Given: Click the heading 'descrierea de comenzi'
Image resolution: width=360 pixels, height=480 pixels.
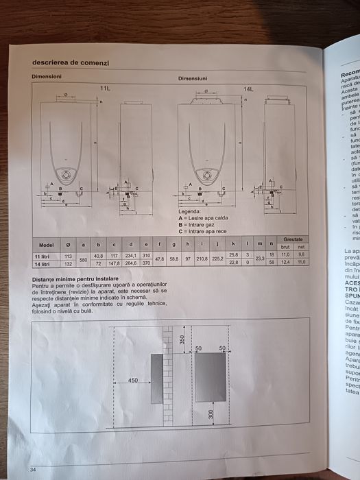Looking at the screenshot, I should point(70,63).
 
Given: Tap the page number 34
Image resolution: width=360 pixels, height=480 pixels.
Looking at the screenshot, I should point(32,468).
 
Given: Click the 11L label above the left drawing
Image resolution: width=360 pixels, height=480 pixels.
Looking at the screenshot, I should point(105,89).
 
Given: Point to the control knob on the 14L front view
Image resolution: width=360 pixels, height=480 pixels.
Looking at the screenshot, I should point(205,173).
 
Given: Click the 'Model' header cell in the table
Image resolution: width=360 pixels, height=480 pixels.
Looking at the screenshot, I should point(47,244).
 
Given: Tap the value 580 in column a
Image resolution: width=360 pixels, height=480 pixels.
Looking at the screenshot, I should point(84,259).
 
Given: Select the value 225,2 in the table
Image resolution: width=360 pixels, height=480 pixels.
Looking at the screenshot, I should point(218,259).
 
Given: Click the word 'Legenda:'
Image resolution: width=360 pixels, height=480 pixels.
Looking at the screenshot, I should point(190,212).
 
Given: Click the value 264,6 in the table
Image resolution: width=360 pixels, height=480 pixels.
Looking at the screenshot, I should point(130,263).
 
